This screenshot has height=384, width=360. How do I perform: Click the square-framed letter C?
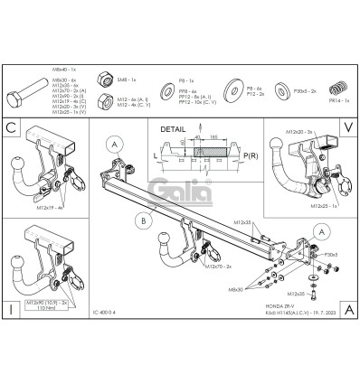click(11, 127)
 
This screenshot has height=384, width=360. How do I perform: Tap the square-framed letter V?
click(347, 127)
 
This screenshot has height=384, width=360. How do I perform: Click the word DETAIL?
click(175, 130)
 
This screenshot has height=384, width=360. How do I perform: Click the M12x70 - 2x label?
click(218, 267)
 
